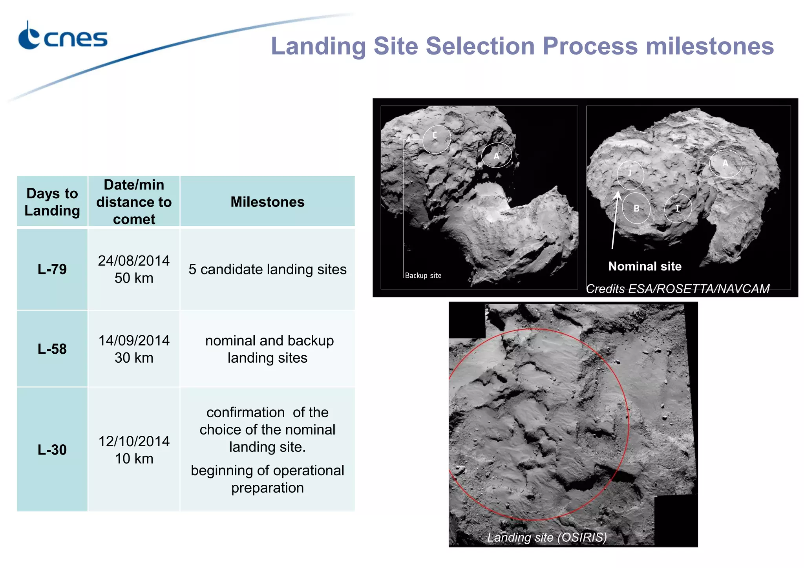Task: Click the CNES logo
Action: [62, 37]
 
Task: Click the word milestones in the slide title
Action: [709, 46]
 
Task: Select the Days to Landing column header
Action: [52, 202]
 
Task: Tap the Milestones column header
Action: [267, 202]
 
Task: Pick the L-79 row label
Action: [52, 269]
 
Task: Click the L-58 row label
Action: [52, 349]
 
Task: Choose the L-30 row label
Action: [52, 449]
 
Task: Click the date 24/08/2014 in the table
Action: [134, 261]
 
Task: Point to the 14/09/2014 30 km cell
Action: [134, 349]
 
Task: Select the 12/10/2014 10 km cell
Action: [134, 449]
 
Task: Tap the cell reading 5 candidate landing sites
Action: [267, 269]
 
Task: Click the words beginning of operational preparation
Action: [267, 479]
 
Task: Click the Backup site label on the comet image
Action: [423, 276]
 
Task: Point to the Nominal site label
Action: [645, 266]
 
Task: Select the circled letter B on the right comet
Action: [636, 208]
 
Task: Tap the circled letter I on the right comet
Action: [678, 208]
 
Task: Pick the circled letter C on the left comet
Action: [435, 135]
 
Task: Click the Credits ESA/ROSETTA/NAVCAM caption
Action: [678, 289]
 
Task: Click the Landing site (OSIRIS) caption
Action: [547, 537]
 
